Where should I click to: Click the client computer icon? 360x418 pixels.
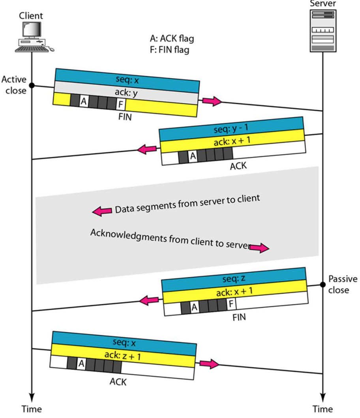coord(34,36)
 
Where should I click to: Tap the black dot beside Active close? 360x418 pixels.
coord(32,85)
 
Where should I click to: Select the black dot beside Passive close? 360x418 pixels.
coord(322,284)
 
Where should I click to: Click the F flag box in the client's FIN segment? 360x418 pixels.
coord(120,105)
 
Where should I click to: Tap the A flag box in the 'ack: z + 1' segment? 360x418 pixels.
coord(81,364)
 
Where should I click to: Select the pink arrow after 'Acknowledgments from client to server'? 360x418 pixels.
coord(259,248)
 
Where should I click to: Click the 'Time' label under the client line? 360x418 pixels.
coord(32,409)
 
